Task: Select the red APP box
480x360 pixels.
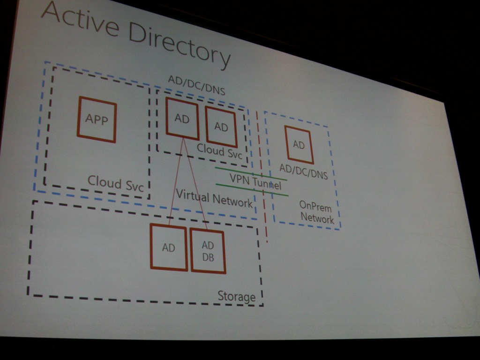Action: click(97, 120)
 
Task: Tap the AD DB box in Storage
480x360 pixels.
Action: click(208, 251)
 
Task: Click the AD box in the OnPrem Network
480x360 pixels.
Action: click(299, 145)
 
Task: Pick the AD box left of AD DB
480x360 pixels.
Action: click(168, 247)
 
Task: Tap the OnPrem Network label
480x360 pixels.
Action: click(317, 212)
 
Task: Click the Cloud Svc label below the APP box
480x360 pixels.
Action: click(115, 183)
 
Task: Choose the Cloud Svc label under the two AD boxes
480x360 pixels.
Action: click(219, 150)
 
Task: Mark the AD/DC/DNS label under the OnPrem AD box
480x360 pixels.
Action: click(303, 171)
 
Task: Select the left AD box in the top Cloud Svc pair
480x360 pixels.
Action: click(182, 119)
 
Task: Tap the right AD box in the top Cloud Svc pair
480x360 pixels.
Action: click(221, 127)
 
